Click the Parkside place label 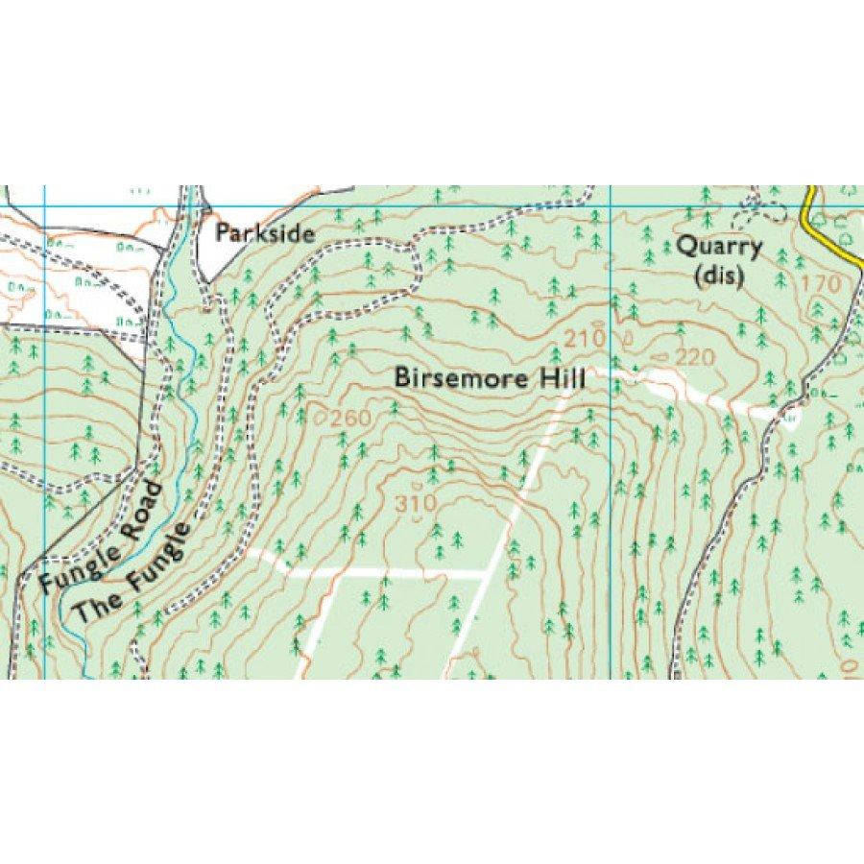point(265,232)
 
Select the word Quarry point(719,247)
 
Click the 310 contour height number point(415,502)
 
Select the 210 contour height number point(584,339)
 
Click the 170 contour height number point(819,284)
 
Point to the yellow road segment point(831,230)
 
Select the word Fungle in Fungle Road point(79,564)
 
